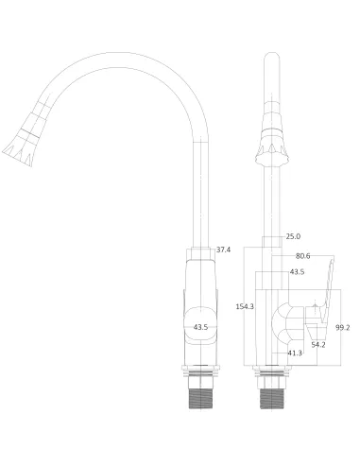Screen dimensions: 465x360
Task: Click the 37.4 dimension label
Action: (x=223, y=250)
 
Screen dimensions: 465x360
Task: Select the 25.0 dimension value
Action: (x=293, y=235)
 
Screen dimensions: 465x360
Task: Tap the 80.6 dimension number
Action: (x=303, y=255)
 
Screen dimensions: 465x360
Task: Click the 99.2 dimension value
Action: (x=342, y=327)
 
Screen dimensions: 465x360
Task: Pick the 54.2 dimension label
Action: (x=318, y=344)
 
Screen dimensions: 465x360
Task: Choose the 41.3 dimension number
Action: (x=295, y=353)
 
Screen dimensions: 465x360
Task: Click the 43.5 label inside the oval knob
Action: (x=200, y=327)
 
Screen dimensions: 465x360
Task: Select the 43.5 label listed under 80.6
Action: (x=297, y=272)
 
